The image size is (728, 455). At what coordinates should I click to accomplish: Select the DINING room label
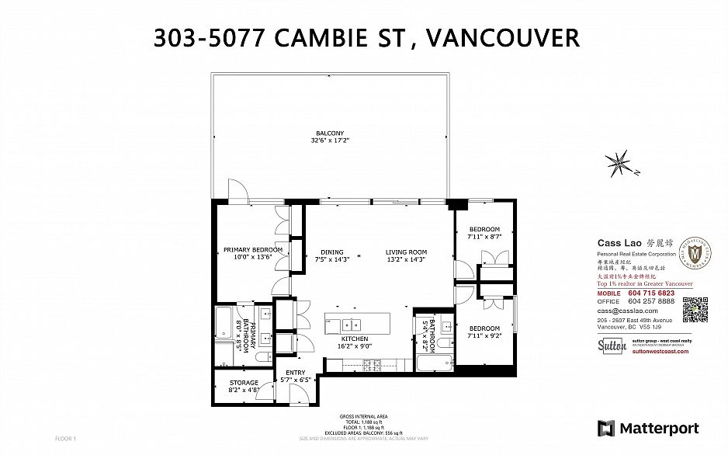[x=332, y=252]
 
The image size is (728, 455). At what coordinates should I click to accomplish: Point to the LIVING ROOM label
[x=407, y=252]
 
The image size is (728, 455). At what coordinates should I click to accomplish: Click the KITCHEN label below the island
[x=355, y=340]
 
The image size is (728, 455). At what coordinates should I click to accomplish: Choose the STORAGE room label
[x=243, y=383]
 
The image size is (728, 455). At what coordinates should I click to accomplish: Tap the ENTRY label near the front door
[x=296, y=373]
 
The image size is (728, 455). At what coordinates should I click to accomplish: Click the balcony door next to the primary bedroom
[x=236, y=191]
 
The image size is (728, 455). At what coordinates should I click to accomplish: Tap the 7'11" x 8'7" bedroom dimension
[x=483, y=236]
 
